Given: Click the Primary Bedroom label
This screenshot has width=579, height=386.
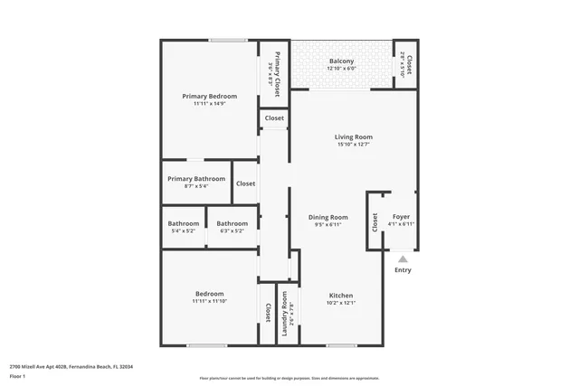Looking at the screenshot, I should tap(209, 97).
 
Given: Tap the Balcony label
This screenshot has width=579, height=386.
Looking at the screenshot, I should tap(341, 61).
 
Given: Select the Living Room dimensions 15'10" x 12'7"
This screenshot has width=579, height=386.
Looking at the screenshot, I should tap(354, 145).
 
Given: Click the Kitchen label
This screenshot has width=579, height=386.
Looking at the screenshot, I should tap(341, 296).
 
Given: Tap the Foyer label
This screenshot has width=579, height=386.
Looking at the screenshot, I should tap(401, 217).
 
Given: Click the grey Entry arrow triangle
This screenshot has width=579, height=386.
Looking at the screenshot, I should tap(403, 259).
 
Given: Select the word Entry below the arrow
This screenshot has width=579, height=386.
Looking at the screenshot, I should tap(403, 270).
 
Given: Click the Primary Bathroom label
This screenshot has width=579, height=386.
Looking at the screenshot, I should tap(196, 179).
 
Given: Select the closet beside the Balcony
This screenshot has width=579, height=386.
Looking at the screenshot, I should tap(407, 65).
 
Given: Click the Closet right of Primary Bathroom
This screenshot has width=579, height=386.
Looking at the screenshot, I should tap(245, 184).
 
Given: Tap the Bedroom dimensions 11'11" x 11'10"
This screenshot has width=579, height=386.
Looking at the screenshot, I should tap(209, 301).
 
